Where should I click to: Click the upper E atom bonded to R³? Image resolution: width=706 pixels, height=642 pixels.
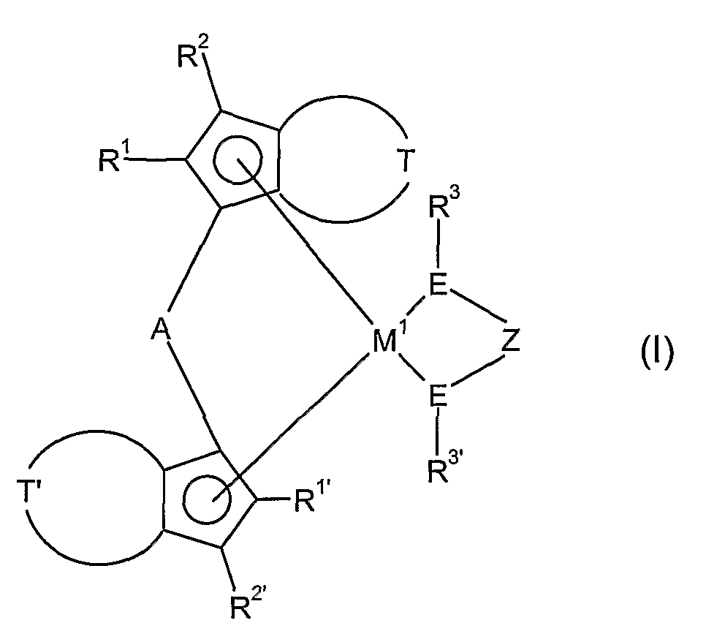(x=438, y=287)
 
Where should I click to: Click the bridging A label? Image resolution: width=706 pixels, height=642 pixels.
(x=162, y=331)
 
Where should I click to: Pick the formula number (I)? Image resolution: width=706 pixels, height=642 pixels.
(x=656, y=355)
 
